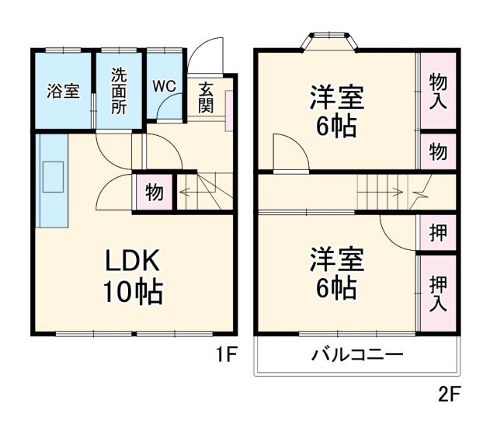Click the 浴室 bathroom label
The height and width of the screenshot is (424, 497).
[63, 91]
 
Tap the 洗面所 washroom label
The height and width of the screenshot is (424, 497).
[118, 91]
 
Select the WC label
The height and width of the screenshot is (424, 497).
[163, 85]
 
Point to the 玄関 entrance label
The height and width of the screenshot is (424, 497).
[206, 98]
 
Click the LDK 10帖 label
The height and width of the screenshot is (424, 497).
[133, 276]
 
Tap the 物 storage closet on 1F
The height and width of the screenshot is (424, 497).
[154, 192]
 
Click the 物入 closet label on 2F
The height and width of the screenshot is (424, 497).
[438, 91]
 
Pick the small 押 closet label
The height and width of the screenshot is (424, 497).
[438, 233]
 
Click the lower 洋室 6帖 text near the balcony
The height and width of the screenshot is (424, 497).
[336, 273]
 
